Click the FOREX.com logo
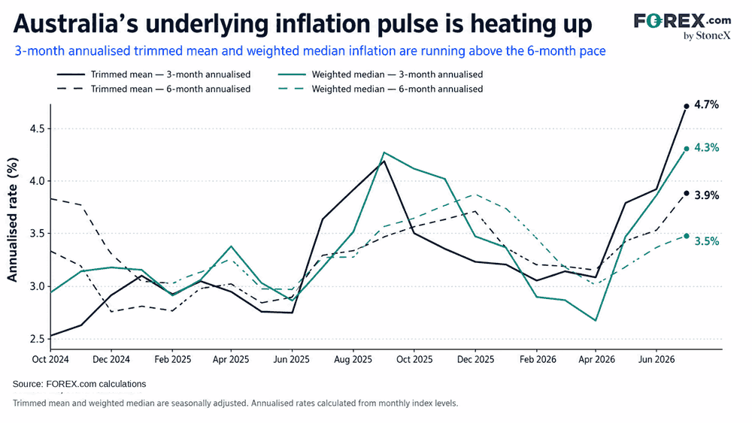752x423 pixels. click(683, 26)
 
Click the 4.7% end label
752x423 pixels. click(706, 104)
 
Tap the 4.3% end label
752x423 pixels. click(706, 147)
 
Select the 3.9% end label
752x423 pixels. click(706, 195)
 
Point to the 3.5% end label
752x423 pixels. click(706, 241)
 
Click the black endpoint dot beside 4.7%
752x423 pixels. click(687, 107)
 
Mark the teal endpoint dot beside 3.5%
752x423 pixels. click(687, 236)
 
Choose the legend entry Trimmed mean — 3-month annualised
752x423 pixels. click(153, 74)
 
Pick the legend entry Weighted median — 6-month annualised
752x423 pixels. click(381, 89)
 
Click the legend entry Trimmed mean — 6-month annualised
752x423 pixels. click(153, 89)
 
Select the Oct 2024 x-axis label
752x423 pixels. click(50, 360)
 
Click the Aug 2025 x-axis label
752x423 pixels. click(353, 360)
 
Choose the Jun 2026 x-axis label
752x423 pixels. click(656, 360)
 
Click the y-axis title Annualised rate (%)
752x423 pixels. click(12, 220)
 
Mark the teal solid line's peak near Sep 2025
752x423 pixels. click(384, 153)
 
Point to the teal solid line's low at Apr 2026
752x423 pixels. click(595, 321)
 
